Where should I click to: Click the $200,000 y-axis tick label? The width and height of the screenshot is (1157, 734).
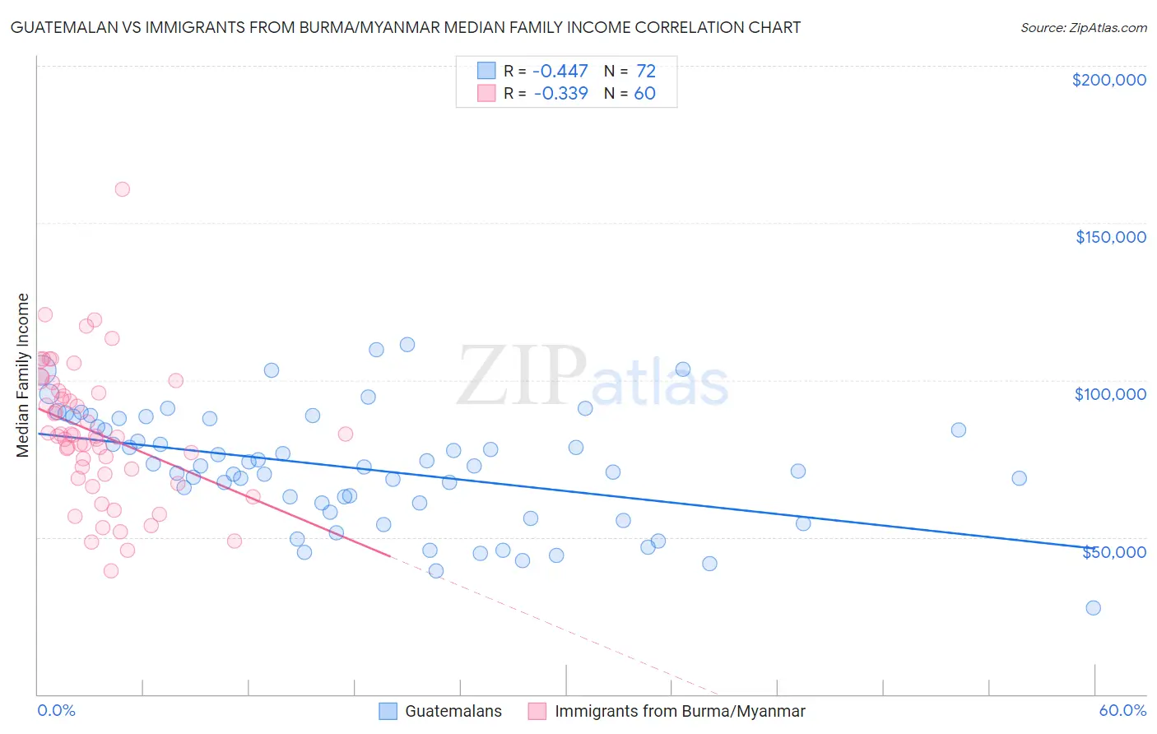point(1108,80)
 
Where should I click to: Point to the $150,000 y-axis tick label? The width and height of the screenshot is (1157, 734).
point(1110,237)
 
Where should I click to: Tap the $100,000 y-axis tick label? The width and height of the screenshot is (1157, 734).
point(1110,394)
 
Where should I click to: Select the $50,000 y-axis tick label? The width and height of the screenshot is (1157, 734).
point(1113,551)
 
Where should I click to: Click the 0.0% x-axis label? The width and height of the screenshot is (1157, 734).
point(56,710)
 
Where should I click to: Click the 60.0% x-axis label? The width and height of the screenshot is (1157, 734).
point(1122,710)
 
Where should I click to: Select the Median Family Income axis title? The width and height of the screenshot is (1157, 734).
point(23,375)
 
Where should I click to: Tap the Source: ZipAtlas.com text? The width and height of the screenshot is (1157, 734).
point(1083,27)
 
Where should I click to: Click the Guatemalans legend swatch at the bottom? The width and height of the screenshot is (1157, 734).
point(388,711)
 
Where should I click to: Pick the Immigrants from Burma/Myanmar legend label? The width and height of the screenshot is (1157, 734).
point(680,711)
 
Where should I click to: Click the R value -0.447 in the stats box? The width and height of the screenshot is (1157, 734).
point(560,71)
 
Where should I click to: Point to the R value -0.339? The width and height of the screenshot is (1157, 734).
point(560,93)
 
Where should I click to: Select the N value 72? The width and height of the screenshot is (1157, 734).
point(645,71)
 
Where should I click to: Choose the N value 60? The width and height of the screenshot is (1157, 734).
point(644,93)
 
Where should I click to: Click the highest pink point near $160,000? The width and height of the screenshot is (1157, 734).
point(122,189)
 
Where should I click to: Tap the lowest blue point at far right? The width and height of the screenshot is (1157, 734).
point(1093,608)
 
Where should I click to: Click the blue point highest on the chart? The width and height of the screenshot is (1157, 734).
point(407,345)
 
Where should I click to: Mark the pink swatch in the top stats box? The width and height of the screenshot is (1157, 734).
point(486,93)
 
